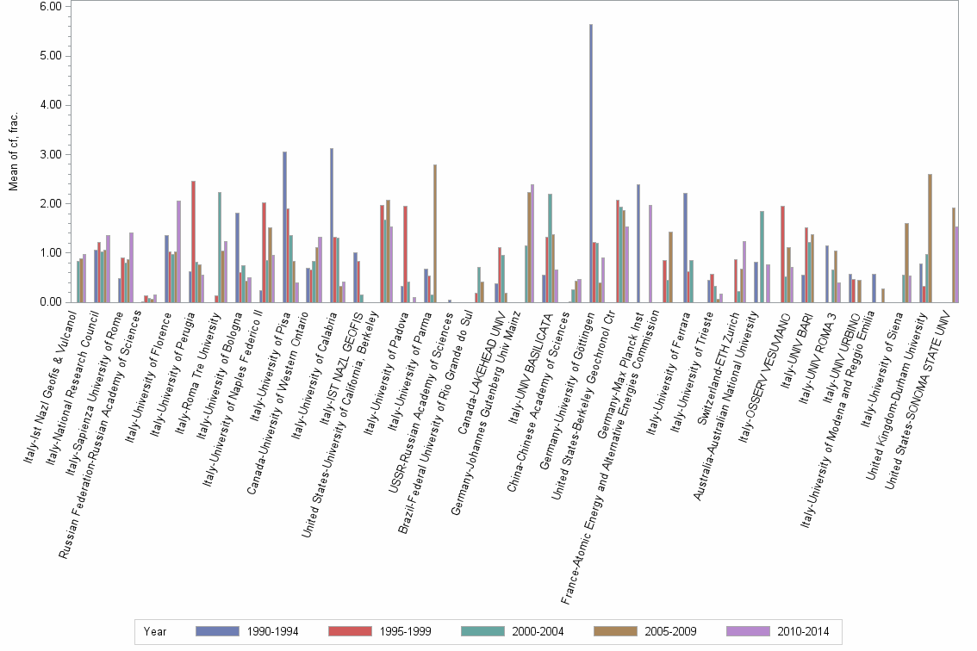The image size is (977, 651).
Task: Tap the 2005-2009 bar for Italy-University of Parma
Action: (435, 233)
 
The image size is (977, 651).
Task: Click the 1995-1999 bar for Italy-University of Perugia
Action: (194, 242)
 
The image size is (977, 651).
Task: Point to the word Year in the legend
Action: (156, 631)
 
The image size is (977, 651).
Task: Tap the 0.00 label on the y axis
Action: (50, 303)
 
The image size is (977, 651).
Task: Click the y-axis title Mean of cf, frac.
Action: (14, 154)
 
